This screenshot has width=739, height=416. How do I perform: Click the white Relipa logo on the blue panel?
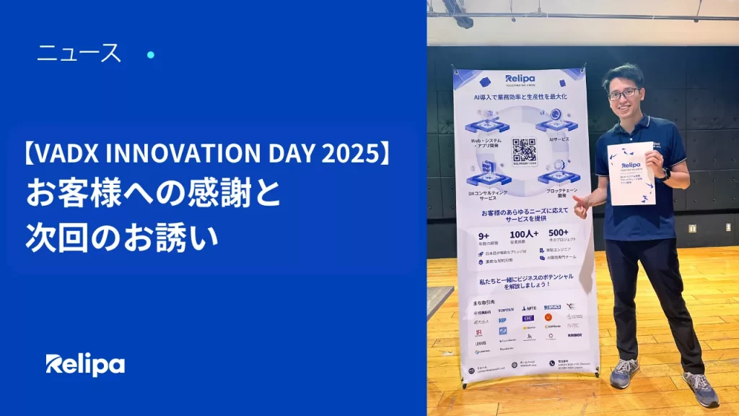[85, 365]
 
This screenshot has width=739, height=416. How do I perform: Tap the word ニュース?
[79, 53]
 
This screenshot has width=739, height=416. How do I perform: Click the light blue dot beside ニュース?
[151, 54]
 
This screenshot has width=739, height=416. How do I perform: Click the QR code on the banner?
[524, 149]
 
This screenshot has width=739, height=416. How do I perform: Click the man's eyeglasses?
[623, 93]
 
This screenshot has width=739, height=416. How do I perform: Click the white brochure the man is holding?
[631, 173]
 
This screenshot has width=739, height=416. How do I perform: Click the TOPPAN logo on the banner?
[506, 310]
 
